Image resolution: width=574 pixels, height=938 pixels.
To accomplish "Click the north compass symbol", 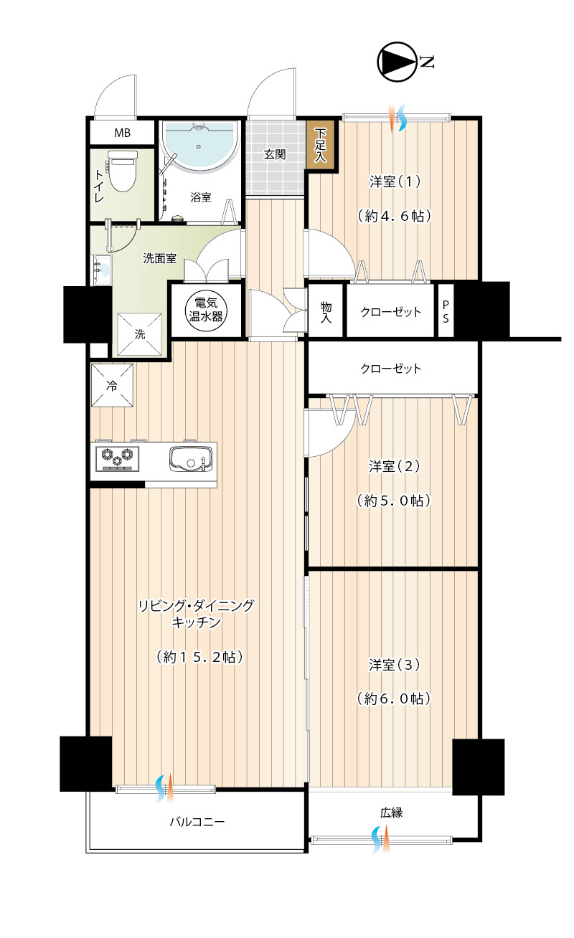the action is tap(397, 62).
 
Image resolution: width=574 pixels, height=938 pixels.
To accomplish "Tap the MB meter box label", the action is tap(123, 133).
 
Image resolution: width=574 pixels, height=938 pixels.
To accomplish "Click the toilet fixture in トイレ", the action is tap(123, 171).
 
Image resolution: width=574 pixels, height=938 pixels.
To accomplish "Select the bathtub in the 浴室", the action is tap(199, 146).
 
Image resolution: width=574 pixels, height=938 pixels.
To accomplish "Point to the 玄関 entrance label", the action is tap(274, 154).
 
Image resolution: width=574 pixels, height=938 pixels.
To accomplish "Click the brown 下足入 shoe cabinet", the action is tap(321, 144).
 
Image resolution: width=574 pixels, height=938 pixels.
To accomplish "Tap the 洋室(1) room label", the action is tap(395, 181).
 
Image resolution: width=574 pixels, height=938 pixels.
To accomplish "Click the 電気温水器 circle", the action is tap(206, 311).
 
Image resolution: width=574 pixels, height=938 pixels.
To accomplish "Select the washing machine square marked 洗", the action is tap(140, 334).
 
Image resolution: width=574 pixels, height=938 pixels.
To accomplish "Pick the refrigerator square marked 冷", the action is tap(112, 385).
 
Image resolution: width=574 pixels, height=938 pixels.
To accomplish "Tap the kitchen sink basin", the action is tap(191, 459).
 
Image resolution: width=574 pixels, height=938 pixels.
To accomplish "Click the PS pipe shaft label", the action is tap(446, 312).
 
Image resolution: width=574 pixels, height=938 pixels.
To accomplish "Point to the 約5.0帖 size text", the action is tap(394, 501).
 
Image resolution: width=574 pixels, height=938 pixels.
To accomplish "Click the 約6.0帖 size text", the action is tap(394, 698).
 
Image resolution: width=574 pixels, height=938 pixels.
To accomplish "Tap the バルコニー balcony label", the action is tap(197, 822).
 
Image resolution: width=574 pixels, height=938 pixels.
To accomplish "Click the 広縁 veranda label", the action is tap(391, 813).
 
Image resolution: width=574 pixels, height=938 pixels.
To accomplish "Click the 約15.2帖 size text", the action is tap(199, 657).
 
